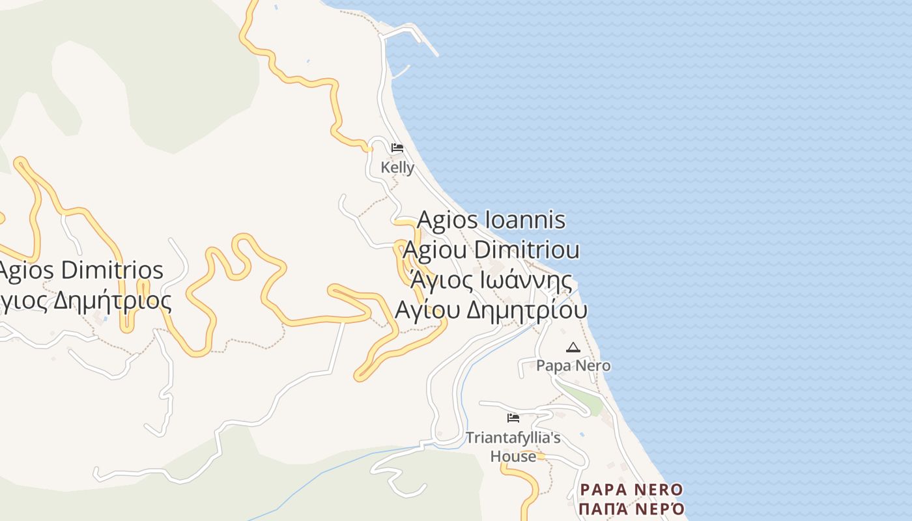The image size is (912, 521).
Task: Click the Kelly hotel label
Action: [397, 167]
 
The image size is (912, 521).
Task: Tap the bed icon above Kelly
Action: [397, 148]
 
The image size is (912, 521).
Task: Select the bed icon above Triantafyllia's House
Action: [513, 417]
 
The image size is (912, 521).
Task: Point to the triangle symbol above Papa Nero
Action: [573, 348]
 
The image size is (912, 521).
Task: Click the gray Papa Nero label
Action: [573, 365]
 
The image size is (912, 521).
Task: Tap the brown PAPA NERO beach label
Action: [631, 490]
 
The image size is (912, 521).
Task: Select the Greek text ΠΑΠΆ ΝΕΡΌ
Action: [632, 508]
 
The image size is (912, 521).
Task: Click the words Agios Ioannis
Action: [491, 220]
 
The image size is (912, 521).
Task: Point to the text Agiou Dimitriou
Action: [491, 250]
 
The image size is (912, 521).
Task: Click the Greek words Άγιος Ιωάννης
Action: [491, 281]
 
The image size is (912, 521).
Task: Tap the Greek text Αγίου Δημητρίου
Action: [491, 309]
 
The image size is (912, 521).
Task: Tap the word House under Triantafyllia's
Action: [513, 456]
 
